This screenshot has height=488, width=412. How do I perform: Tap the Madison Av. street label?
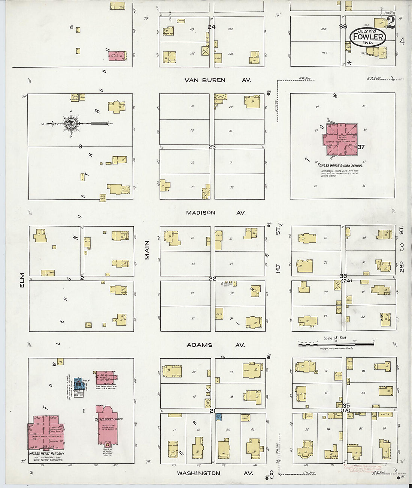point(216,212)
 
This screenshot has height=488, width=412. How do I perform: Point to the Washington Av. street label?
point(215,473)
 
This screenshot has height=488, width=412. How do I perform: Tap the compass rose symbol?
point(70,123)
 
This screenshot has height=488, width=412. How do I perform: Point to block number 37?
point(361,147)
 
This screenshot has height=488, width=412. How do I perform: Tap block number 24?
point(212,27)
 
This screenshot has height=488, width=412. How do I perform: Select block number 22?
point(212,279)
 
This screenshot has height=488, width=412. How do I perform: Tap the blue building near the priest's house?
point(78,384)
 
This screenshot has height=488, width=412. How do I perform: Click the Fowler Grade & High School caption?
point(340,165)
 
